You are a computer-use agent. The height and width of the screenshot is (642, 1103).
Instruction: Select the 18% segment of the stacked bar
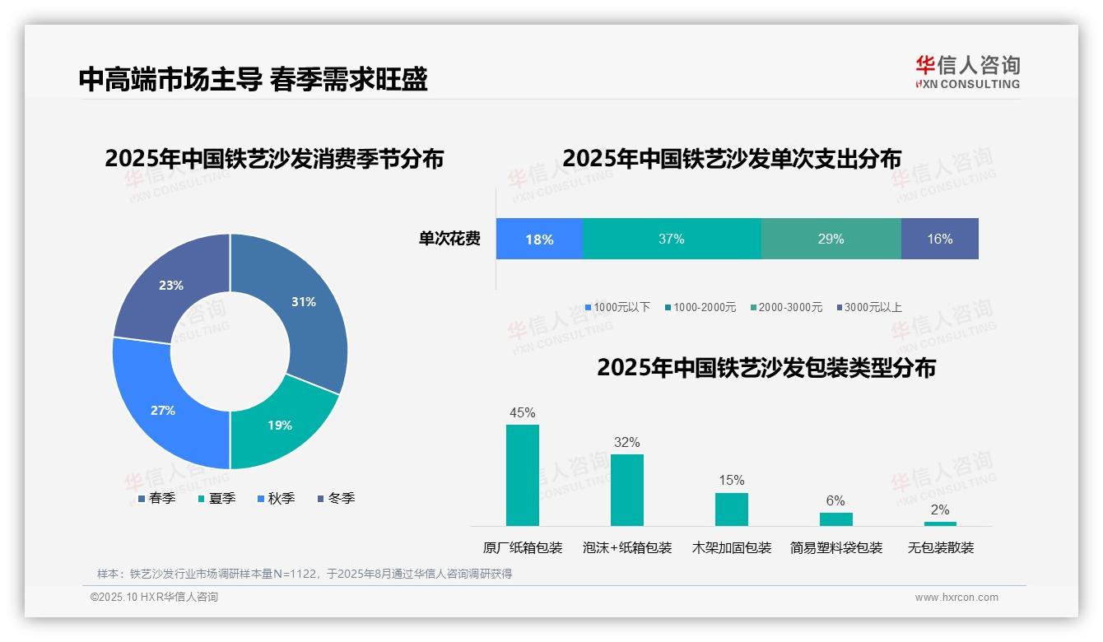[539, 240]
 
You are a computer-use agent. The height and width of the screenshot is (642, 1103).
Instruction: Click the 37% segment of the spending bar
[672, 240]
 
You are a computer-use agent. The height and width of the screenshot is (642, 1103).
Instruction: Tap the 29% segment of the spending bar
[831, 240]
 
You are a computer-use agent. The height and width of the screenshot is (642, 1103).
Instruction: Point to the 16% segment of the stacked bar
[939, 240]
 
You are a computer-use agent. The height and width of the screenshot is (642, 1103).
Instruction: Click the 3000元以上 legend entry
[869, 307]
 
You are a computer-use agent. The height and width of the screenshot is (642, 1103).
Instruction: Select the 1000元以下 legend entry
[617, 307]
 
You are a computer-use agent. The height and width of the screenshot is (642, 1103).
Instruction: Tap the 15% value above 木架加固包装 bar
[731, 480]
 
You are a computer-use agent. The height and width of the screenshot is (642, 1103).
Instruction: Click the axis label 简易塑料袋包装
[836, 547]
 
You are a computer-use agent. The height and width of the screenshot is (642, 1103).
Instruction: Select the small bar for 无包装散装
[940, 523]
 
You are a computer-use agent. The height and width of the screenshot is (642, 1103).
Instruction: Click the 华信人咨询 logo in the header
[967, 72]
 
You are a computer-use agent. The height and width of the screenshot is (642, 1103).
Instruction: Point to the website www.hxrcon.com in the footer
[956, 598]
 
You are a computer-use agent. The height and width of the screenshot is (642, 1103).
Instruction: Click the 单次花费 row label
[449, 240]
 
